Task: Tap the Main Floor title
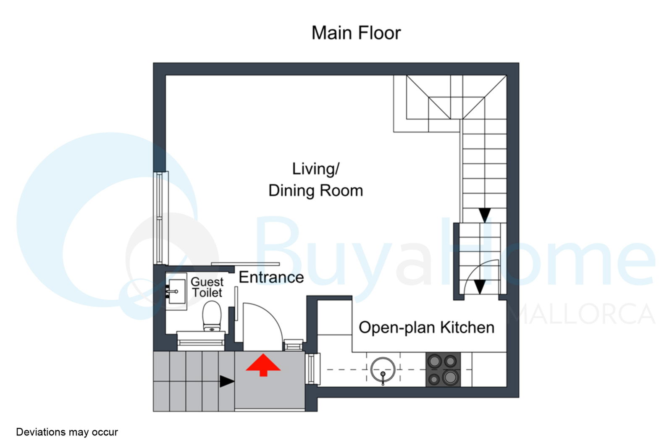pyautogui.click(x=356, y=33)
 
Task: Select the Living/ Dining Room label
pyautogui.click(x=315, y=180)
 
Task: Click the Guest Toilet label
pyautogui.click(x=207, y=287)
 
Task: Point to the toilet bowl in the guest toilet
pyautogui.click(x=212, y=316)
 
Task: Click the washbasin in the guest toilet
pyautogui.click(x=176, y=291)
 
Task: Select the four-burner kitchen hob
pyautogui.click(x=443, y=369)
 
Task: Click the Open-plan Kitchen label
pyautogui.click(x=426, y=327)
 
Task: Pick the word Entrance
pyautogui.click(x=271, y=277)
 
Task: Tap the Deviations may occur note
pyautogui.click(x=67, y=432)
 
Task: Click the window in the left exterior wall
pyautogui.click(x=161, y=218)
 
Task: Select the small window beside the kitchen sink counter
pyautogui.click(x=312, y=369)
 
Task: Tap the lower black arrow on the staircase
pyautogui.click(x=479, y=287)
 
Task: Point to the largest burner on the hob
pyautogui.click(x=450, y=377)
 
